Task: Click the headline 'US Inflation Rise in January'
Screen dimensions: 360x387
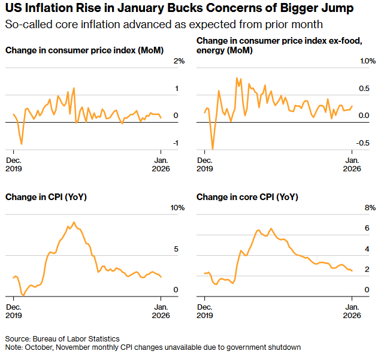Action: [x=90, y=10]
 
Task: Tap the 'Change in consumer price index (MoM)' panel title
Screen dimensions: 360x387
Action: [x=84, y=50]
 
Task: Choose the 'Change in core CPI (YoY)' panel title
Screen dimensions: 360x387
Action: [x=247, y=196]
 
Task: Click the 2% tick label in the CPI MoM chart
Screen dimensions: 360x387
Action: [x=179, y=62]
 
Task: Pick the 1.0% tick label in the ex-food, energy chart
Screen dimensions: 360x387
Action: [x=367, y=62]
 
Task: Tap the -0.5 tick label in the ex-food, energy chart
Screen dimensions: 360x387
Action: [x=364, y=143]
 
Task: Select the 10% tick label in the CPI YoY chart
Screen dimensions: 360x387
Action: [x=177, y=208]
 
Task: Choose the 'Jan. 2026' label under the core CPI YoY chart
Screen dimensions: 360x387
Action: [x=352, y=311]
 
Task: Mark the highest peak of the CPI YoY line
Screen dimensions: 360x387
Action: [x=74, y=222]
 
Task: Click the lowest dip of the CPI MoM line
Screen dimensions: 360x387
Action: [x=22, y=144]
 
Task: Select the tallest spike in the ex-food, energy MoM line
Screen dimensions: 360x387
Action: [x=237, y=78]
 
